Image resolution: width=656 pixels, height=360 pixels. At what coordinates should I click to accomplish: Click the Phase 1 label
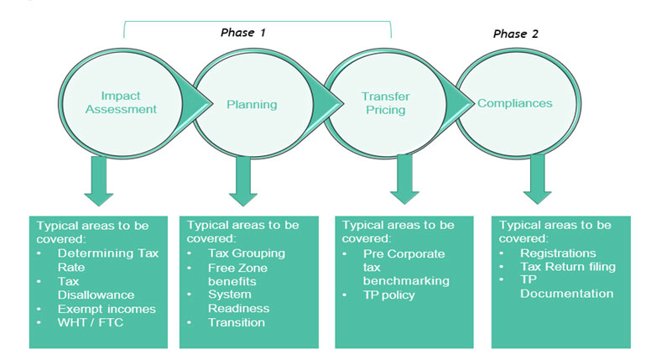pyautogui.click(x=243, y=33)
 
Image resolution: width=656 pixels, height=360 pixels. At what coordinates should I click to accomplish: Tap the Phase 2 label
pyautogui.click(x=515, y=34)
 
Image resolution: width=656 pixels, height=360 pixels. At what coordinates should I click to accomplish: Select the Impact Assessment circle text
pyautogui.click(x=121, y=102)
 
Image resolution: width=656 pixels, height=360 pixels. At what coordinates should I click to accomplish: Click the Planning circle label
pyautogui.click(x=252, y=104)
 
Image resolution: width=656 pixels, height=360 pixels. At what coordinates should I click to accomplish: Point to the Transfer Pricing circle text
pyautogui.click(x=385, y=103)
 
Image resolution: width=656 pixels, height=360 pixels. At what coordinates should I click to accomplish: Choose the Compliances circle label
pyautogui.click(x=514, y=103)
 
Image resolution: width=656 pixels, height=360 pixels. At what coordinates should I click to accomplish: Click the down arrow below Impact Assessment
pyautogui.click(x=99, y=180)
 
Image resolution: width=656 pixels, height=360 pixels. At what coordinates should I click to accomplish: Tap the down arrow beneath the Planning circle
pyautogui.click(x=243, y=180)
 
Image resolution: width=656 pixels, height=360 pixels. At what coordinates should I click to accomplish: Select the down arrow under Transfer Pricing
pyautogui.click(x=404, y=180)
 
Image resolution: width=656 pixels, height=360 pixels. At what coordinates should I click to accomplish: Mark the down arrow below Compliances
pyautogui.click(x=537, y=180)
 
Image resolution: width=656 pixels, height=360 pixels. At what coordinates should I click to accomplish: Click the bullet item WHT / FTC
pyautogui.click(x=91, y=323)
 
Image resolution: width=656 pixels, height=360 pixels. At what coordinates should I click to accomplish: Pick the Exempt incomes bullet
pyautogui.click(x=107, y=309)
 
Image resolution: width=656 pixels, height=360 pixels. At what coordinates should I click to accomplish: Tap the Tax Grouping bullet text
pyautogui.click(x=247, y=253)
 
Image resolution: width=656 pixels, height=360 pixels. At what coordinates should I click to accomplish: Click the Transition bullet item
pyautogui.click(x=237, y=323)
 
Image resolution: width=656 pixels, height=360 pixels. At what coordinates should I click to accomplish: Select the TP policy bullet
pyautogui.click(x=389, y=295)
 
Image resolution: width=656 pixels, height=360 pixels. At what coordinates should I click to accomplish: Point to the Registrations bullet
pyautogui.click(x=558, y=253)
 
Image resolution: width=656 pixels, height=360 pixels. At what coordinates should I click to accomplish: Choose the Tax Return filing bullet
pyautogui.click(x=568, y=267)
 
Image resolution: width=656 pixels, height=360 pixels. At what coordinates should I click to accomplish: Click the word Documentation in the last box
pyautogui.click(x=567, y=294)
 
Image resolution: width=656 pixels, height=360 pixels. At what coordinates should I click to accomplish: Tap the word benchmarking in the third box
pyautogui.click(x=406, y=280)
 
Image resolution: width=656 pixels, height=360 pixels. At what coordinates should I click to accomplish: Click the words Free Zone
pyautogui.click(x=237, y=268)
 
